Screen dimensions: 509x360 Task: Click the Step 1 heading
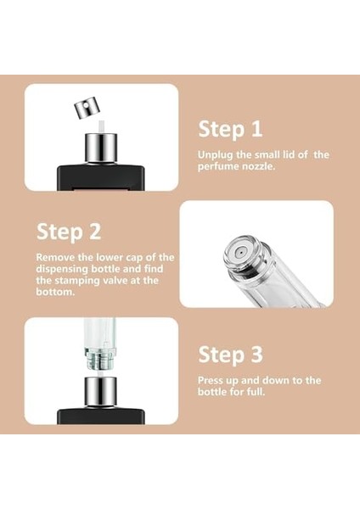pos(229,129)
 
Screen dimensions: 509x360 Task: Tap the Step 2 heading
pos(69,232)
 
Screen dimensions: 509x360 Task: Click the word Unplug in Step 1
pos(215,155)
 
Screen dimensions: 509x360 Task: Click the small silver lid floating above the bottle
pos(86,107)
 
